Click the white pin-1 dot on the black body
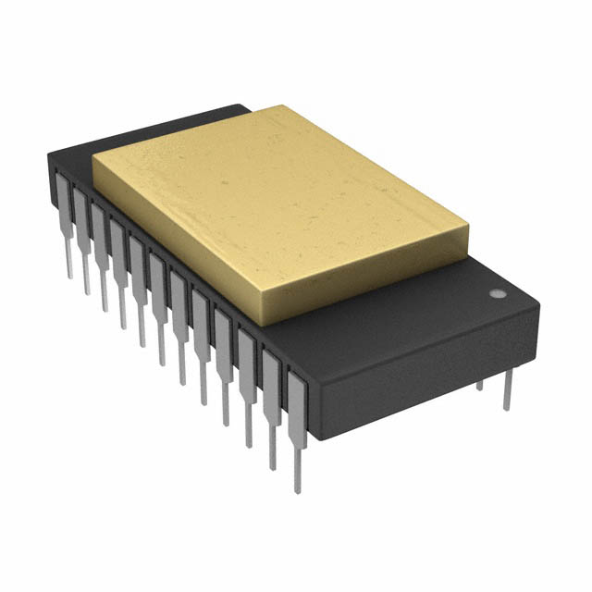[x=496, y=294]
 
